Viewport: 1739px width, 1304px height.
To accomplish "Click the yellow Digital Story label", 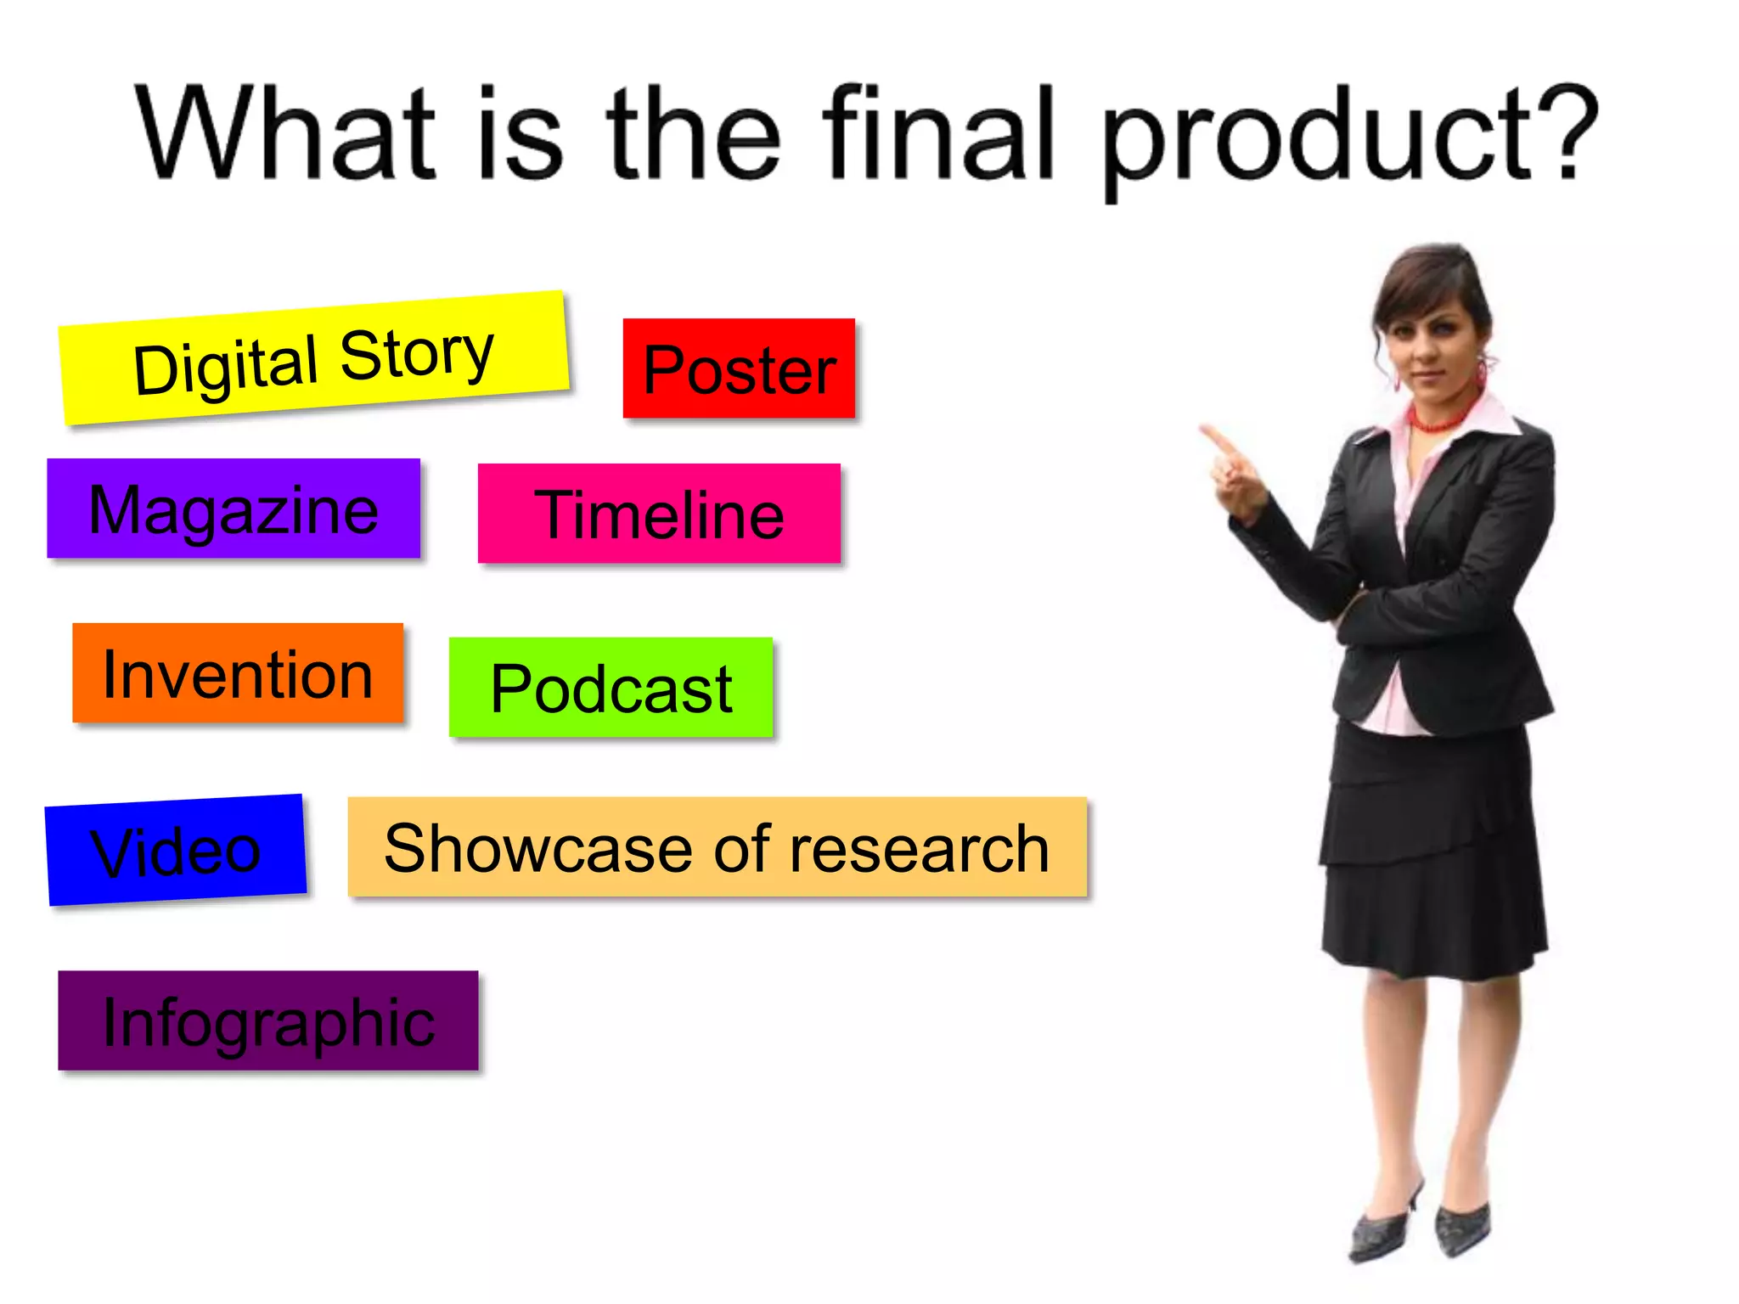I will [313, 358].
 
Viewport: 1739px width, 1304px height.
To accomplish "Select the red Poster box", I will [739, 368].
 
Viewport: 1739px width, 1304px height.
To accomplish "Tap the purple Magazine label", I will [234, 509].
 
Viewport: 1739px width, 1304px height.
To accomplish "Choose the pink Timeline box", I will [659, 514].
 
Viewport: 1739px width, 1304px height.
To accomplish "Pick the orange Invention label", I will [238, 673].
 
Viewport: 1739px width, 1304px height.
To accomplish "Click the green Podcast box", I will [611, 688].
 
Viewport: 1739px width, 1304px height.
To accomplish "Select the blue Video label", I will [176, 850].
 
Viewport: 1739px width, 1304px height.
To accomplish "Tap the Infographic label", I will [268, 1021].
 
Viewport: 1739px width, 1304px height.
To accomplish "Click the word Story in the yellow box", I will [416, 352].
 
